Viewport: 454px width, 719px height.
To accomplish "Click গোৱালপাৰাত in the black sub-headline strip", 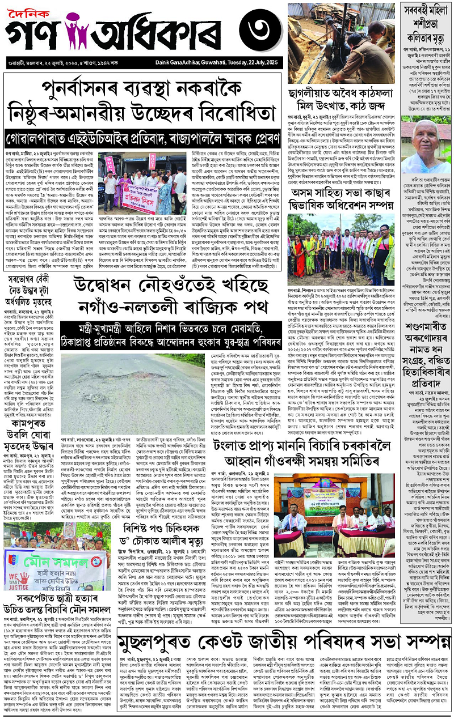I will click(x=35, y=138).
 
